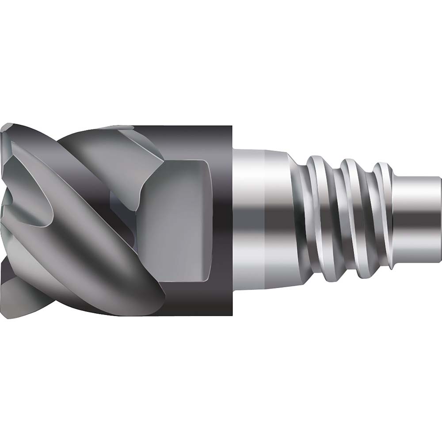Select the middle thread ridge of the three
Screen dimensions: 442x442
click(x=354, y=217)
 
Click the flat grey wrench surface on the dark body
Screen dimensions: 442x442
click(x=181, y=221)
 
